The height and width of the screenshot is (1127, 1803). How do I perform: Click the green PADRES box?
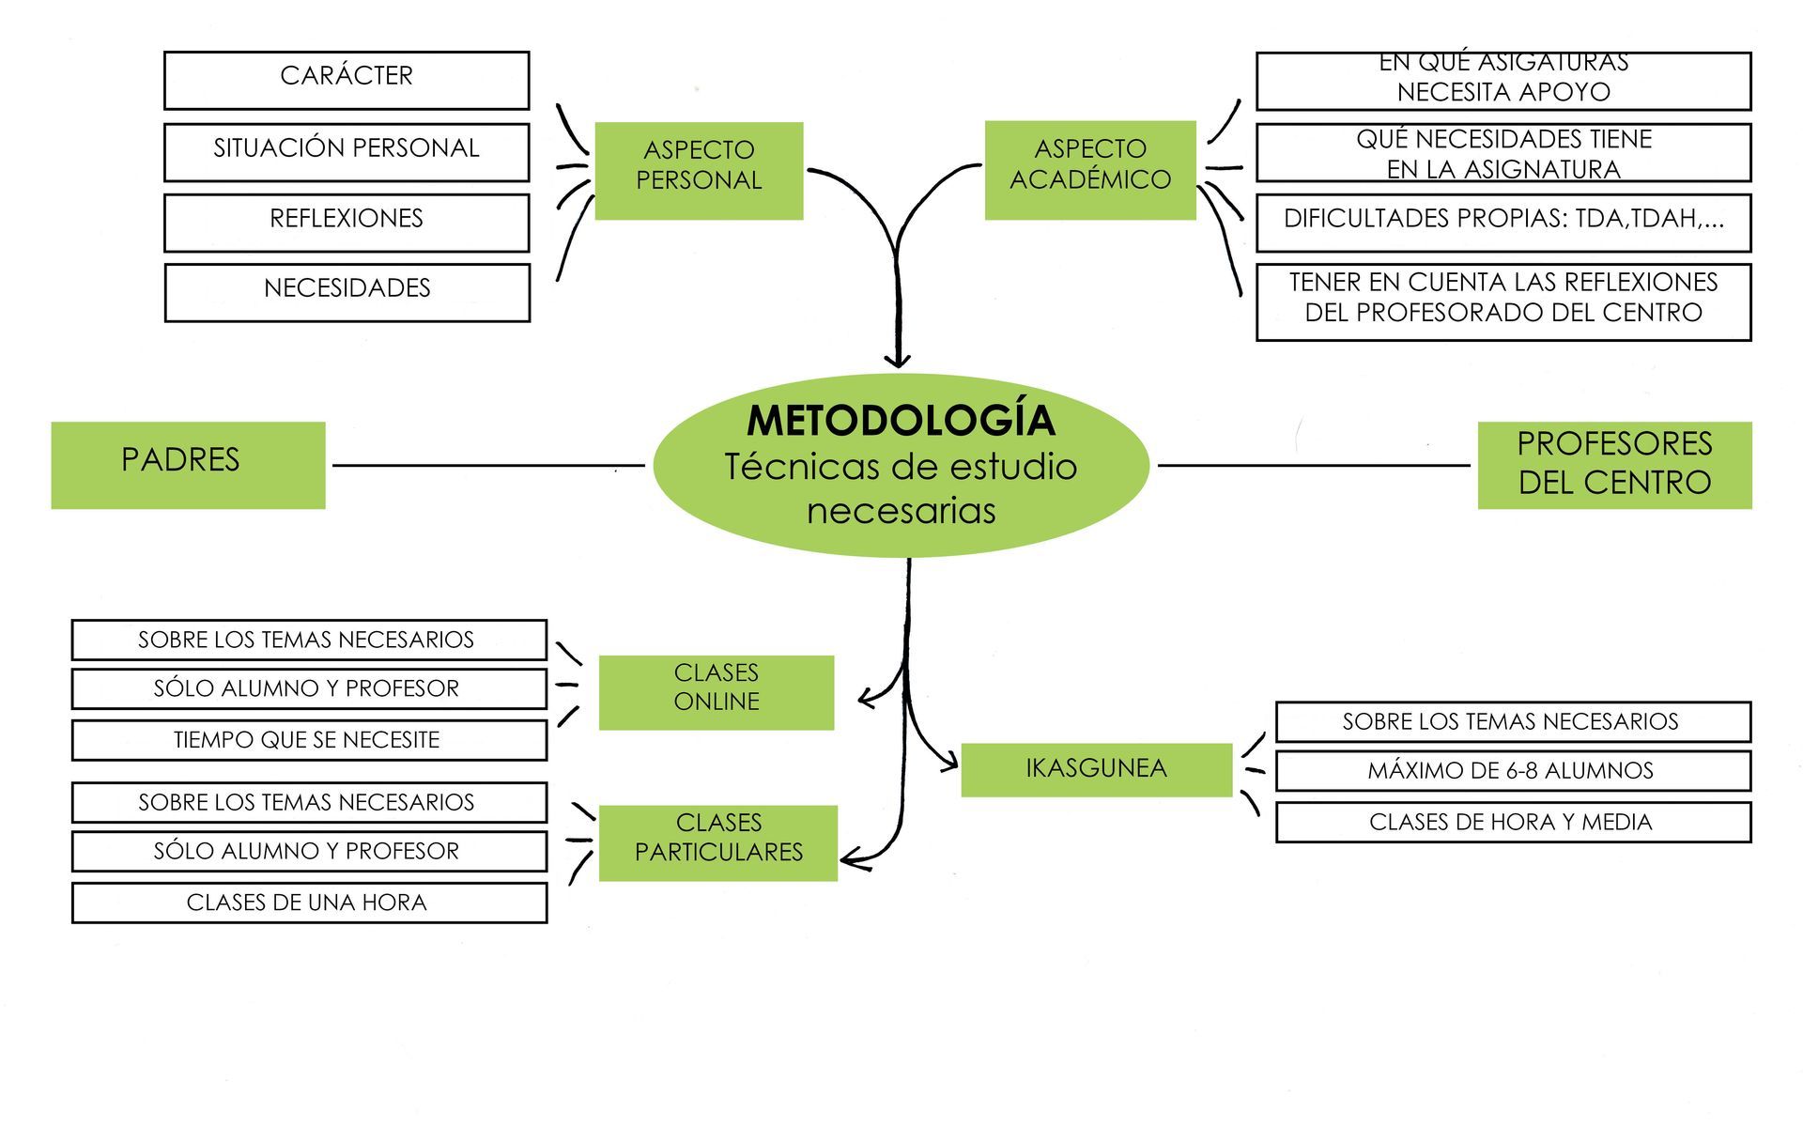[x=188, y=465]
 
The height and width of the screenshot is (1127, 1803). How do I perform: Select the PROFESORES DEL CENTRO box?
[x=1614, y=465]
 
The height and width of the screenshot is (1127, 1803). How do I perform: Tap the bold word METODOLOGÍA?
[x=901, y=421]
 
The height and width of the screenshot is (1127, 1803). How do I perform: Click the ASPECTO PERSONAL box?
[x=699, y=170]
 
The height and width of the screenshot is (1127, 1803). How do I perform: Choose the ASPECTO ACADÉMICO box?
[x=1090, y=170]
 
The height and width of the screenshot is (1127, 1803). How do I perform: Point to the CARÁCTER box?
[x=347, y=81]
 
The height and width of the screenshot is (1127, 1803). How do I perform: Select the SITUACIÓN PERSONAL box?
[x=347, y=152]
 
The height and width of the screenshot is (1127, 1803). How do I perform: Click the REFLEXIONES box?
[x=347, y=223]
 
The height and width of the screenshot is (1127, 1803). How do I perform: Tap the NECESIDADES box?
[x=347, y=292]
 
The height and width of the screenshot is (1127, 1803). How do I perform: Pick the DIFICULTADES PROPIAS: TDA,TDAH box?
[x=1502, y=223]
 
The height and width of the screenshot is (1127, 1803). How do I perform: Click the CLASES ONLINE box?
[x=716, y=692]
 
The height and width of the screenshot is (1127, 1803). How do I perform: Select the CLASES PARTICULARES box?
[x=717, y=842]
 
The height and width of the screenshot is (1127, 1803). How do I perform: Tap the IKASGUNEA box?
[x=1096, y=769]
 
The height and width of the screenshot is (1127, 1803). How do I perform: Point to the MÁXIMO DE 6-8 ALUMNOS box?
[x=1512, y=771]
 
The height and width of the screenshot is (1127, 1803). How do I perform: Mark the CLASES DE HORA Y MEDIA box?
[x=1512, y=823]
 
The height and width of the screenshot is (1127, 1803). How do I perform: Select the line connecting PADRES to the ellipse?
[x=488, y=465]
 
